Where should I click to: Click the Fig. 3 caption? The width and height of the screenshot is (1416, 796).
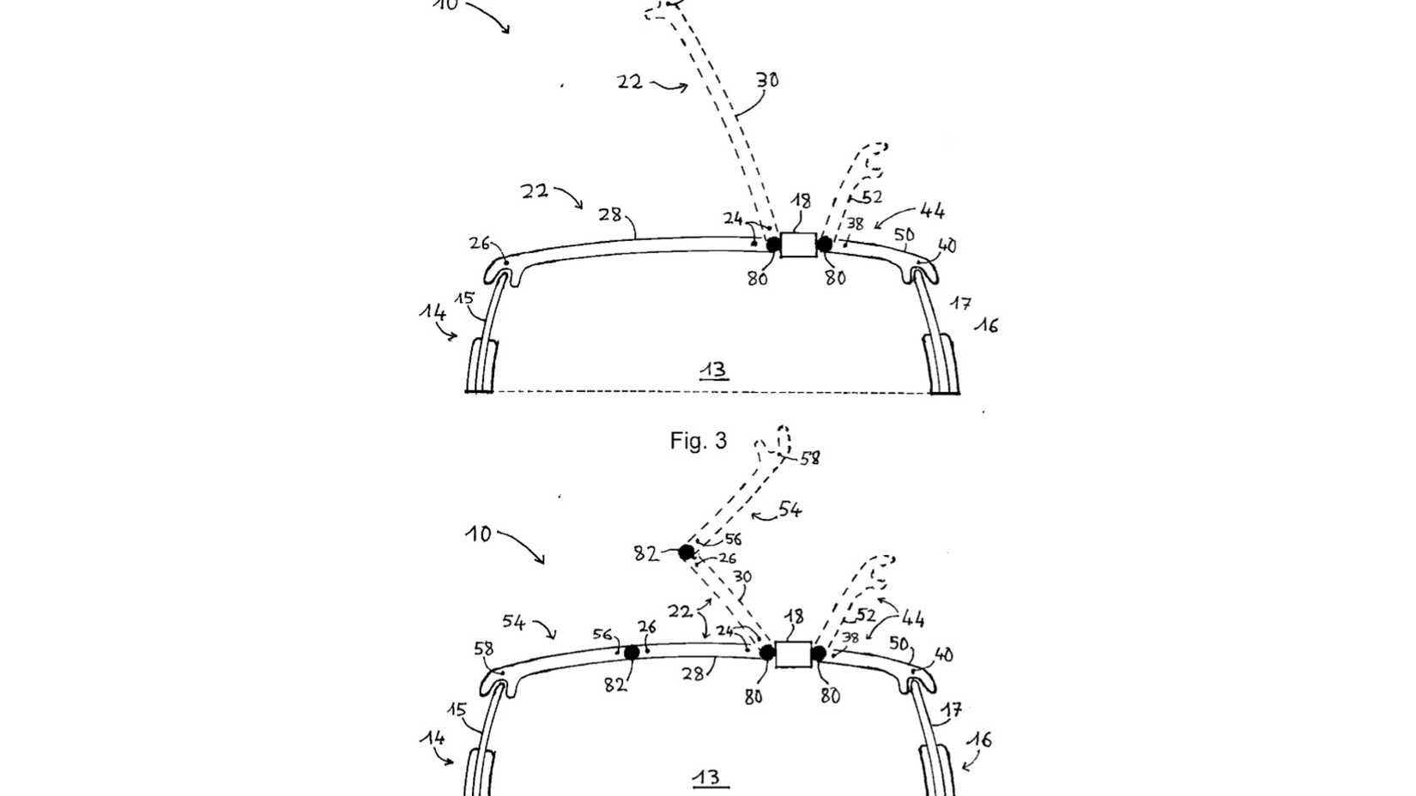698,441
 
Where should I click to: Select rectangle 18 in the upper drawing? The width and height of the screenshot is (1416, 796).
798,244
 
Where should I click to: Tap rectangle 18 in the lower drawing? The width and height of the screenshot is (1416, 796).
793,654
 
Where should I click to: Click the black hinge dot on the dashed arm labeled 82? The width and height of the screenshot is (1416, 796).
687,552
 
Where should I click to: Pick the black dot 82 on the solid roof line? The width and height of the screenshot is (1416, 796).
632,653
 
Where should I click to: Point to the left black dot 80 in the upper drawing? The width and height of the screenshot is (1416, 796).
773,244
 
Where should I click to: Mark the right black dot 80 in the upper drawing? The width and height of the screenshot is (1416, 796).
825,244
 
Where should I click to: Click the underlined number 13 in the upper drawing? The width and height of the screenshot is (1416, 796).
713,371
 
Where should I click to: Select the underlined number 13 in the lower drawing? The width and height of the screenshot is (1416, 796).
707,777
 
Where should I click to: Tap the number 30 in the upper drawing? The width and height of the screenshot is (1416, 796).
767,81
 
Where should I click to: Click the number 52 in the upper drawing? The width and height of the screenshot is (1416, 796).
872,197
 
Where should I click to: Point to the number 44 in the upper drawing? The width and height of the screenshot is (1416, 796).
932,210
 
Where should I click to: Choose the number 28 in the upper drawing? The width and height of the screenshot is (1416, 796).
610,214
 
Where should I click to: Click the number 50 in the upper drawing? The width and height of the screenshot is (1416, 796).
904,235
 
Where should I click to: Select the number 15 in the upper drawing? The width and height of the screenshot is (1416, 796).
464,298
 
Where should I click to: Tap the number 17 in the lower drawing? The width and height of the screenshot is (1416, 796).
951,710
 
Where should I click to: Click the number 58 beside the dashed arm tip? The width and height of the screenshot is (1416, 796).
810,459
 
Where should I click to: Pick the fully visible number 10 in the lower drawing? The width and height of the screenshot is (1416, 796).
479,534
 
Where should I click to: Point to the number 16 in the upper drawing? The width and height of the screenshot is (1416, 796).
986,325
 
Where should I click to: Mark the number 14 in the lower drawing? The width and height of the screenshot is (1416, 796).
432,738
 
